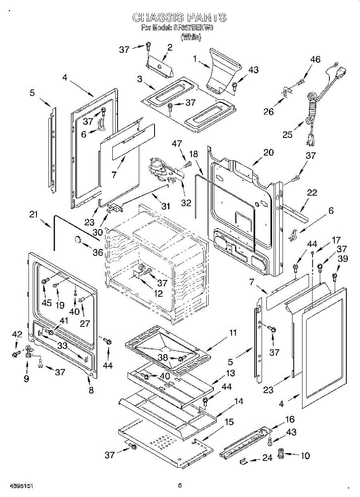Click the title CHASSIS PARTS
[179, 17]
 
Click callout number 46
[315, 60]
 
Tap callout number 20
[268, 152]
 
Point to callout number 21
[34, 214]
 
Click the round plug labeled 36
[77, 239]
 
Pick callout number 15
[229, 422]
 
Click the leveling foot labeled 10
[282, 454]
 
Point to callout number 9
[27, 378]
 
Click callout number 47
[177, 144]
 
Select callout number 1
[195, 59]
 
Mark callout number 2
[169, 47]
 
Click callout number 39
[343, 258]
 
